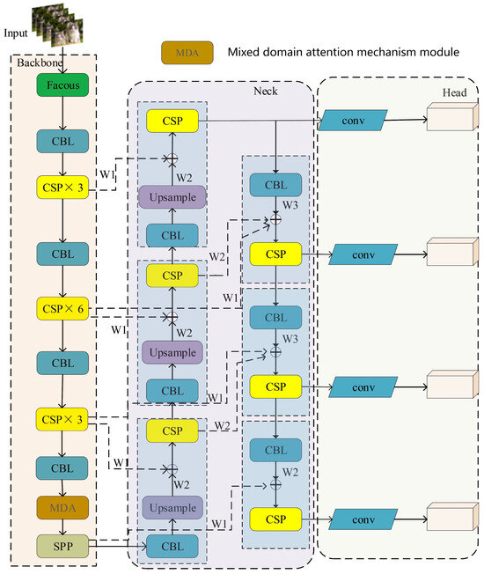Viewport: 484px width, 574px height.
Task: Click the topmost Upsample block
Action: (x=172, y=198)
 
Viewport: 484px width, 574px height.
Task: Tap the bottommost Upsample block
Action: (x=172, y=508)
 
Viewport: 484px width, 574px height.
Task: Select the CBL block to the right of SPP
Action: (x=172, y=546)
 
